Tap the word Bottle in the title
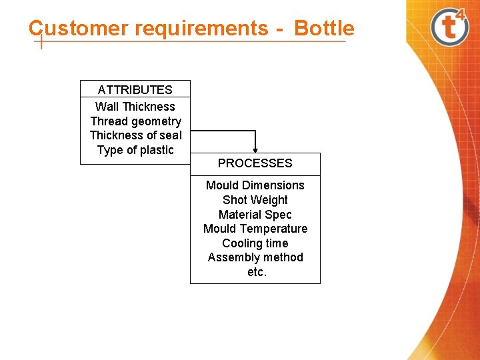(x=324, y=29)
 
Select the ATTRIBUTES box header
(x=135, y=89)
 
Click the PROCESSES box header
(x=255, y=163)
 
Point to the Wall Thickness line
(x=135, y=107)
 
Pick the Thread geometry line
(x=135, y=121)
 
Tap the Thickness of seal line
(x=135, y=135)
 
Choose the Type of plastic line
(x=135, y=150)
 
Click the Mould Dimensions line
(x=255, y=185)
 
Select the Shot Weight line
(x=255, y=200)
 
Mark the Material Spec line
(x=255, y=215)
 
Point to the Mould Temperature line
(x=255, y=229)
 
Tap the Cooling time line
(x=255, y=243)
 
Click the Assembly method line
(x=255, y=257)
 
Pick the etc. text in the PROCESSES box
(x=256, y=272)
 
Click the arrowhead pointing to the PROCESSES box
(x=255, y=150)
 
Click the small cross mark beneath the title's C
(x=41, y=42)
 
